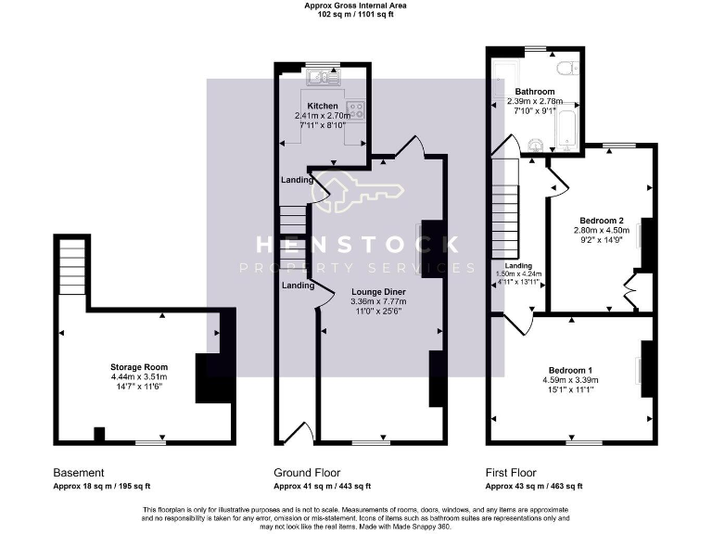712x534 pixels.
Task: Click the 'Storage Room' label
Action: point(137,367)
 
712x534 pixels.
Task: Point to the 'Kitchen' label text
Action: point(324,106)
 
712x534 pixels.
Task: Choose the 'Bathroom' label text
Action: point(535,92)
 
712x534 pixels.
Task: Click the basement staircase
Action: point(72,264)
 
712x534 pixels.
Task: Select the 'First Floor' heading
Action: point(511,473)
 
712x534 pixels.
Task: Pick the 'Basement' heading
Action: point(78,473)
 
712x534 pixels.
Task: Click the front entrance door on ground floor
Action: point(297,433)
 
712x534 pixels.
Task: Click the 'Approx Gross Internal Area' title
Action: point(356,6)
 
